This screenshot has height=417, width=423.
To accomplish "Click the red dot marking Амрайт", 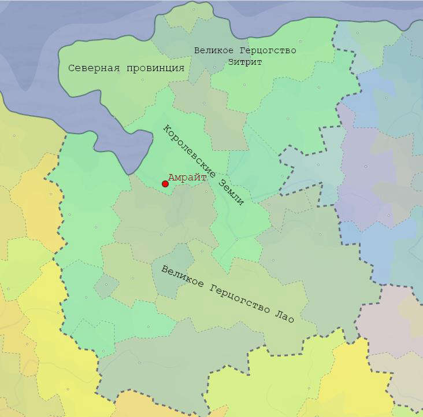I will pos(165,184).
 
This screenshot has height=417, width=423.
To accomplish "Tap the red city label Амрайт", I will pos(187,178).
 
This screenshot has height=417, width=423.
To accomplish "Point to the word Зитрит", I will pos(245,62).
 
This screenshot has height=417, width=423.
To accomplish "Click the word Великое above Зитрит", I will pos(214,51).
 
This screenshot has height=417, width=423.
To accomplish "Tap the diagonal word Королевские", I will pos(189,152).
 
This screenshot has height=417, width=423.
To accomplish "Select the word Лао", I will pos(286,317).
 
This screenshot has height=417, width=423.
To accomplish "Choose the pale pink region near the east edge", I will pos(393,318).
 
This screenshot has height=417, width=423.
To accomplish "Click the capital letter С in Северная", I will pos(71,68).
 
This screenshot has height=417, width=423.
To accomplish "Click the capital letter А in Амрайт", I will pos(171,178).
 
